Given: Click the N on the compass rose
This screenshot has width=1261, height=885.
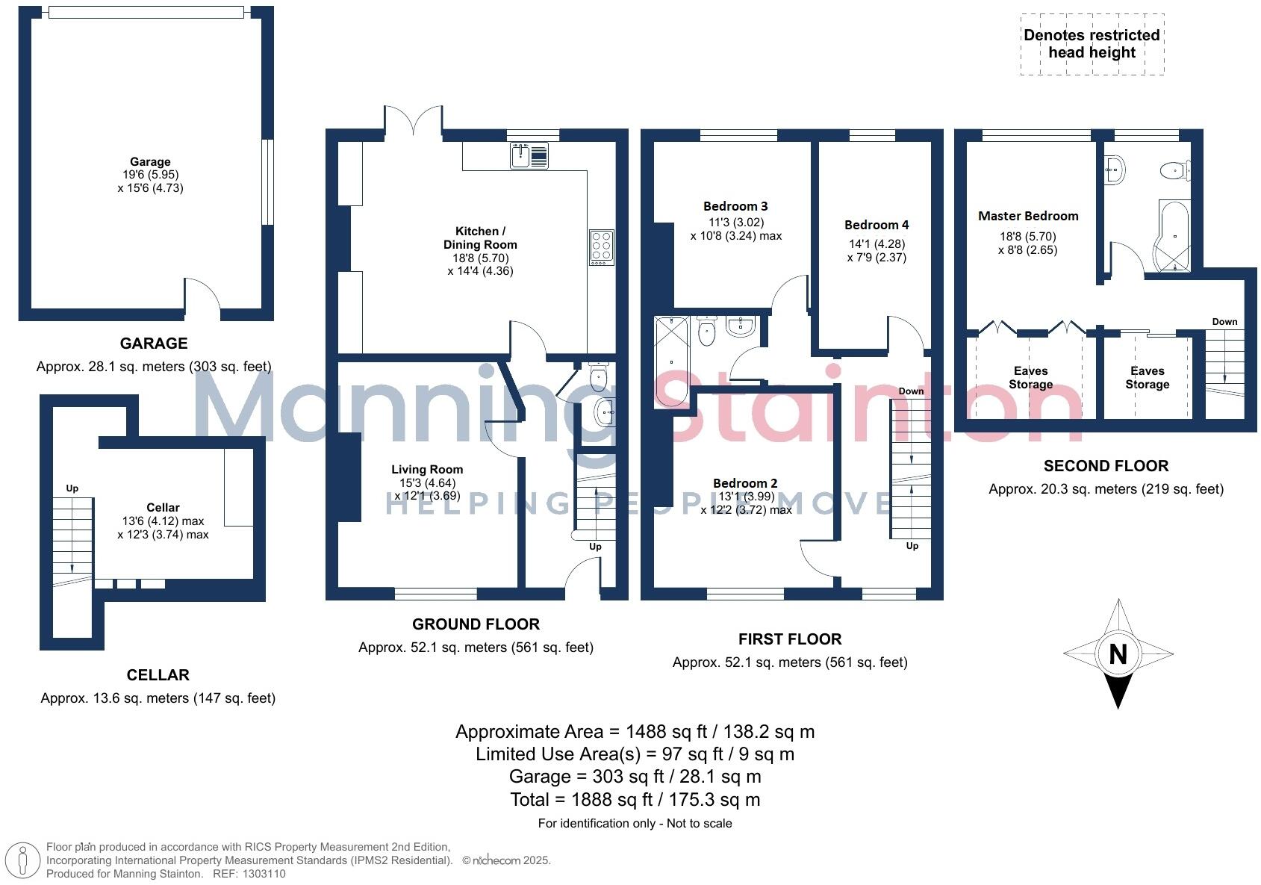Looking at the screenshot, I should (x=1118, y=654).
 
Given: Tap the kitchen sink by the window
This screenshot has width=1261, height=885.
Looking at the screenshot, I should (x=529, y=155).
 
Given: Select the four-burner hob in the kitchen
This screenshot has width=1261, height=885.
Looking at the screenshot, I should (x=601, y=246).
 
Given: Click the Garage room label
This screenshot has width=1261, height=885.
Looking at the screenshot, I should (x=150, y=161).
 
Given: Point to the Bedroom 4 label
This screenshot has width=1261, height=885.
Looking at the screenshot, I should (x=877, y=225).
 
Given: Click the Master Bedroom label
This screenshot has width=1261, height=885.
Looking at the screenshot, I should (x=1028, y=216).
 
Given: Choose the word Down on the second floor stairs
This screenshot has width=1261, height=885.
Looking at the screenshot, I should (x=1224, y=322).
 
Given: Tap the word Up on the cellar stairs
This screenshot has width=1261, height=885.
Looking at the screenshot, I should (x=72, y=488).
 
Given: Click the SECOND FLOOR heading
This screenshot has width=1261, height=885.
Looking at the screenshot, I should (x=1106, y=466).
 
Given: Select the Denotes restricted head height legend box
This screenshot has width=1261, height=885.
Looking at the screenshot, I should (x=1092, y=44).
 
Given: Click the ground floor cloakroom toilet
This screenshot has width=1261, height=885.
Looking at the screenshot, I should (x=599, y=379).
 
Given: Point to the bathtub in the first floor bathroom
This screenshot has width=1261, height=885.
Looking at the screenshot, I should (x=671, y=361).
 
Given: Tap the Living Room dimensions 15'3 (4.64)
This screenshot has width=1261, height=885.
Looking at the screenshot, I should (x=427, y=483).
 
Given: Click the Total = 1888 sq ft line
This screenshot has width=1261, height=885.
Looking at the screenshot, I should (x=635, y=800).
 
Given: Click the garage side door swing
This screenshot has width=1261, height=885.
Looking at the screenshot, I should (x=202, y=295).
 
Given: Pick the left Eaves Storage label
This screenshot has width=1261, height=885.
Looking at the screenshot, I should (x=1030, y=377).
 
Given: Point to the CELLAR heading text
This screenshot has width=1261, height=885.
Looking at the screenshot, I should (x=158, y=675).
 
